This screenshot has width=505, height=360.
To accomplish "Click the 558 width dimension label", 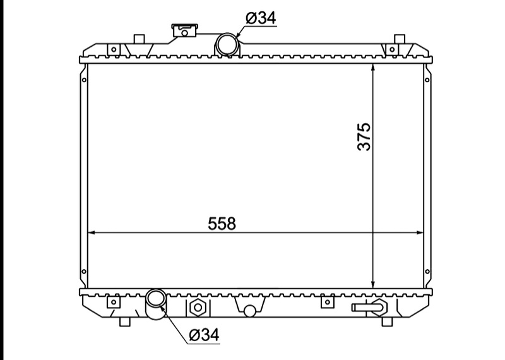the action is tap(222, 224).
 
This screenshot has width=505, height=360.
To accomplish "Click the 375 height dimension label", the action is tap(364, 136).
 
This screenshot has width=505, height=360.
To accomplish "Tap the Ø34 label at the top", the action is tap(261, 18).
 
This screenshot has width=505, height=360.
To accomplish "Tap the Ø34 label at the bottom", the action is tap(204, 335).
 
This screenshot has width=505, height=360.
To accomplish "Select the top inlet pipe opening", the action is tap(227, 44).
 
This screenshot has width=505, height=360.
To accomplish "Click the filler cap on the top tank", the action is tap(185, 30).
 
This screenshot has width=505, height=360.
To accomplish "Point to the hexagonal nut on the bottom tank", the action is tap(198, 308).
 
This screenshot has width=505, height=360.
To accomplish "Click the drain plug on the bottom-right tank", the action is tap(369, 307).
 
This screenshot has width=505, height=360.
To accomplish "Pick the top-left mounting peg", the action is tap(139, 39).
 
